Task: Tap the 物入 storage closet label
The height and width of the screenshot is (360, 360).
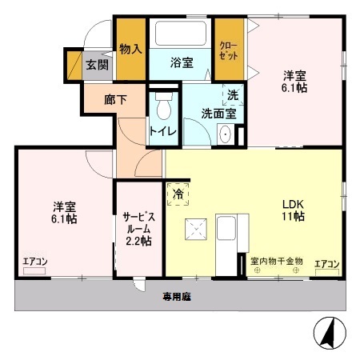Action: [130, 49]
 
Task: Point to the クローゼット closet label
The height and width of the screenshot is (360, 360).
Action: [228, 50]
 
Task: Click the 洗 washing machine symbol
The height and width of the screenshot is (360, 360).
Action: [232, 94]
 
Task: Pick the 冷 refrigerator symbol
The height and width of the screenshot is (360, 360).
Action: [178, 194]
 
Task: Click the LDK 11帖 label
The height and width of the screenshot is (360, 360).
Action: [290, 210]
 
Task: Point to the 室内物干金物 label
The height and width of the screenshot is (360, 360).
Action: [276, 260]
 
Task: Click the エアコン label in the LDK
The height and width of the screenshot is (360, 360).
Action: [327, 263]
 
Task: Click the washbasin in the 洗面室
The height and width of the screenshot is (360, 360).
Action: [225, 134]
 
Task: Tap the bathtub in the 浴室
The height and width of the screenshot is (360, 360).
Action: [180, 34]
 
